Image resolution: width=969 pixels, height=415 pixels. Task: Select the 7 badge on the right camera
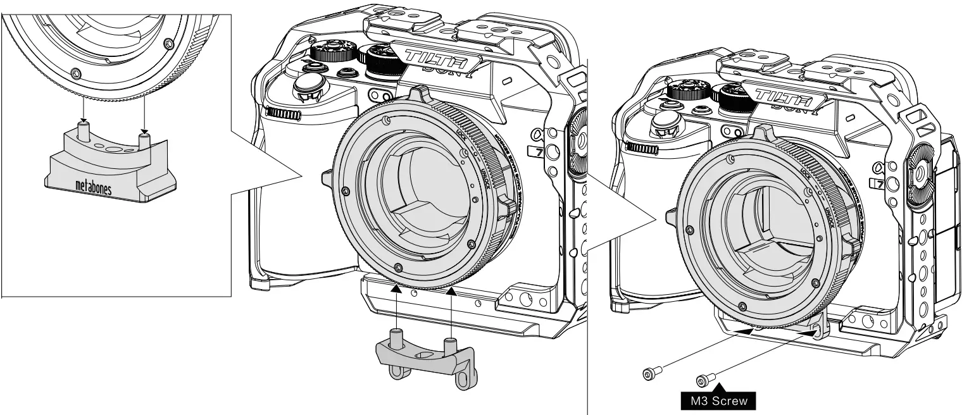[877, 184]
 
